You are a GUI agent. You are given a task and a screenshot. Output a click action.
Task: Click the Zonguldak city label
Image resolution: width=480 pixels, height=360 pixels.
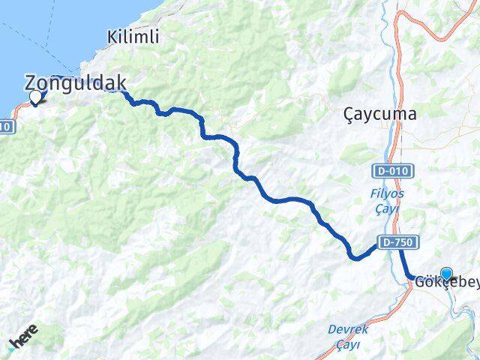(x=75, y=83)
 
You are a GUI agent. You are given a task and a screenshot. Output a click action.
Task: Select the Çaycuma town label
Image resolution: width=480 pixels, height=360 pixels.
(x=379, y=115)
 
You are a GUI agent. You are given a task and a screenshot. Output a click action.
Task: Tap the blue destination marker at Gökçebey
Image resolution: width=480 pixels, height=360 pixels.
(x=448, y=275)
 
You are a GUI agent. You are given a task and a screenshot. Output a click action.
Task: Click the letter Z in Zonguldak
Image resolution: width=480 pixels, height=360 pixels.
(x=31, y=83)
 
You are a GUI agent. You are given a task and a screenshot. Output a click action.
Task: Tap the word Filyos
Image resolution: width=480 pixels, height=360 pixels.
(x=388, y=193)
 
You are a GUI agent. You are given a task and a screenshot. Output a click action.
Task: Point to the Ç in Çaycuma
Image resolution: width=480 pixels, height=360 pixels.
(x=349, y=115)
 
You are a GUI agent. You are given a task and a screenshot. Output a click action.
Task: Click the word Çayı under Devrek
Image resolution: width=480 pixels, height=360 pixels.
(x=347, y=344)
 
